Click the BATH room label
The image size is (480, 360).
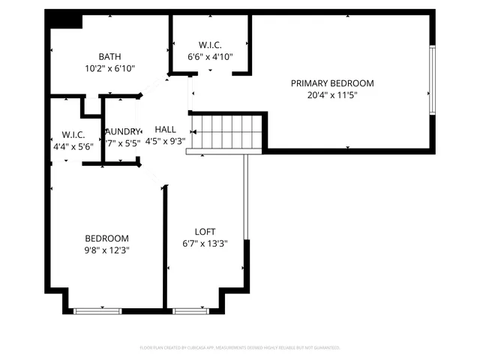pyautogui.click(x=110, y=57)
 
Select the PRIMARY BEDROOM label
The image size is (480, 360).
pyautogui.click(x=331, y=83)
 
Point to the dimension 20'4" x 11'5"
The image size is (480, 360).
pyautogui.click(x=331, y=95)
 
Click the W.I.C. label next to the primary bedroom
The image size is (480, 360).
pyautogui.click(x=210, y=44)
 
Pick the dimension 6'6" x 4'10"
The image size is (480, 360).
pyautogui.click(x=210, y=56)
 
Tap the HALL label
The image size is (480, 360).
pyautogui.click(x=166, y=129)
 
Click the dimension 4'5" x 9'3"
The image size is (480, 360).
pyautogui.click(x=166, y=141)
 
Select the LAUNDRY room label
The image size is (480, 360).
pyautogui.click(x=122, y=131)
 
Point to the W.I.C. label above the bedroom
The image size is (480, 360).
pyautogui.click(x=73, y=135)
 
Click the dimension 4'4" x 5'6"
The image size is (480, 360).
pyautogui.click(x=73, y=147)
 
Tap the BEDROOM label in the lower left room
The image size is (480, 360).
pyautogui.click(x=106, y=238)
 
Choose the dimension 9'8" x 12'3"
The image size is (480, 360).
pyautogui.click(x=106, y=250)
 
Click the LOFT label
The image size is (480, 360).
pyautogui.click(x=205, y=232)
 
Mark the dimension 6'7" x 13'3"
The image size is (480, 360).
pyautogui.click(x=205, y=244)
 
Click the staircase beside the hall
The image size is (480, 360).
pyautogui.click(x=227, y=132)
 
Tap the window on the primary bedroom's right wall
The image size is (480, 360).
pyautogui.click(x=432, y=80)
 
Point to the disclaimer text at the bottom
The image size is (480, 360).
pyautogui.click(x=240, y=348)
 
